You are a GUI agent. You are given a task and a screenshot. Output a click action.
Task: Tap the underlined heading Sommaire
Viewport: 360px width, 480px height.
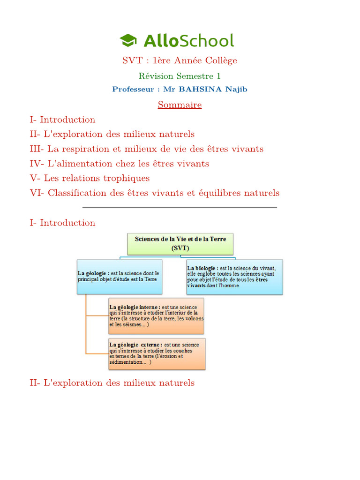[x=180, y=105]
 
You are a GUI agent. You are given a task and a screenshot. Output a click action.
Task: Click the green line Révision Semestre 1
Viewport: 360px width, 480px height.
[x=180, y=76]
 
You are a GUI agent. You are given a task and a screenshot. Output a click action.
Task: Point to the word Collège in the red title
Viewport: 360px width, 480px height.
[x=219, y=60]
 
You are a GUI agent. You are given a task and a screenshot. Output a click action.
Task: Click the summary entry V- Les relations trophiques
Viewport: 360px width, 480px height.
[x=90, y=178]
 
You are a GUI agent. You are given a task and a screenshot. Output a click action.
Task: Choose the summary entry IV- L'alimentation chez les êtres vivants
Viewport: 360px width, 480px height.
[x=119, y=164]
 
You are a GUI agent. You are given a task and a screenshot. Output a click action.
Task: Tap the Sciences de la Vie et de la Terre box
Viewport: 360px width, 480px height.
[x=180, y=244]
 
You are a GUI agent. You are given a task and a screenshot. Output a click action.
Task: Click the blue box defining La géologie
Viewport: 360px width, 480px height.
[x=120, y=277]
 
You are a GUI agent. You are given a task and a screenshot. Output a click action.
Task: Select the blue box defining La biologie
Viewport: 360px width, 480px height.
[x=234, y=277]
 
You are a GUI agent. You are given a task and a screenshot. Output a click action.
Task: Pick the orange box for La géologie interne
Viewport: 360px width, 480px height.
[x=156, y=315]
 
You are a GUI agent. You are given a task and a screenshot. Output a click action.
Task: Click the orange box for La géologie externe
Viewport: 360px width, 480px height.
[x=157, y=353]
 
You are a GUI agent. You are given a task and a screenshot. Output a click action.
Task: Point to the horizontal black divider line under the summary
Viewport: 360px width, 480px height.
[x=180, y=207]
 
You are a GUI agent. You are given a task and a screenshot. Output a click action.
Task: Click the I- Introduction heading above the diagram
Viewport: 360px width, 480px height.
[x=62, y=223]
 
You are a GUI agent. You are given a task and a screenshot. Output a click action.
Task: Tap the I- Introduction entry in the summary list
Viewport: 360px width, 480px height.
[x=62, y=120]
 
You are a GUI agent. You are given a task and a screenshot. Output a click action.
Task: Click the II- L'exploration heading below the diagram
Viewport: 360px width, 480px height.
[x=112, y=383]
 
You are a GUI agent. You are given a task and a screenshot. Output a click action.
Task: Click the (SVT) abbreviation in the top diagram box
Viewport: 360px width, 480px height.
[x=180, y=247]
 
